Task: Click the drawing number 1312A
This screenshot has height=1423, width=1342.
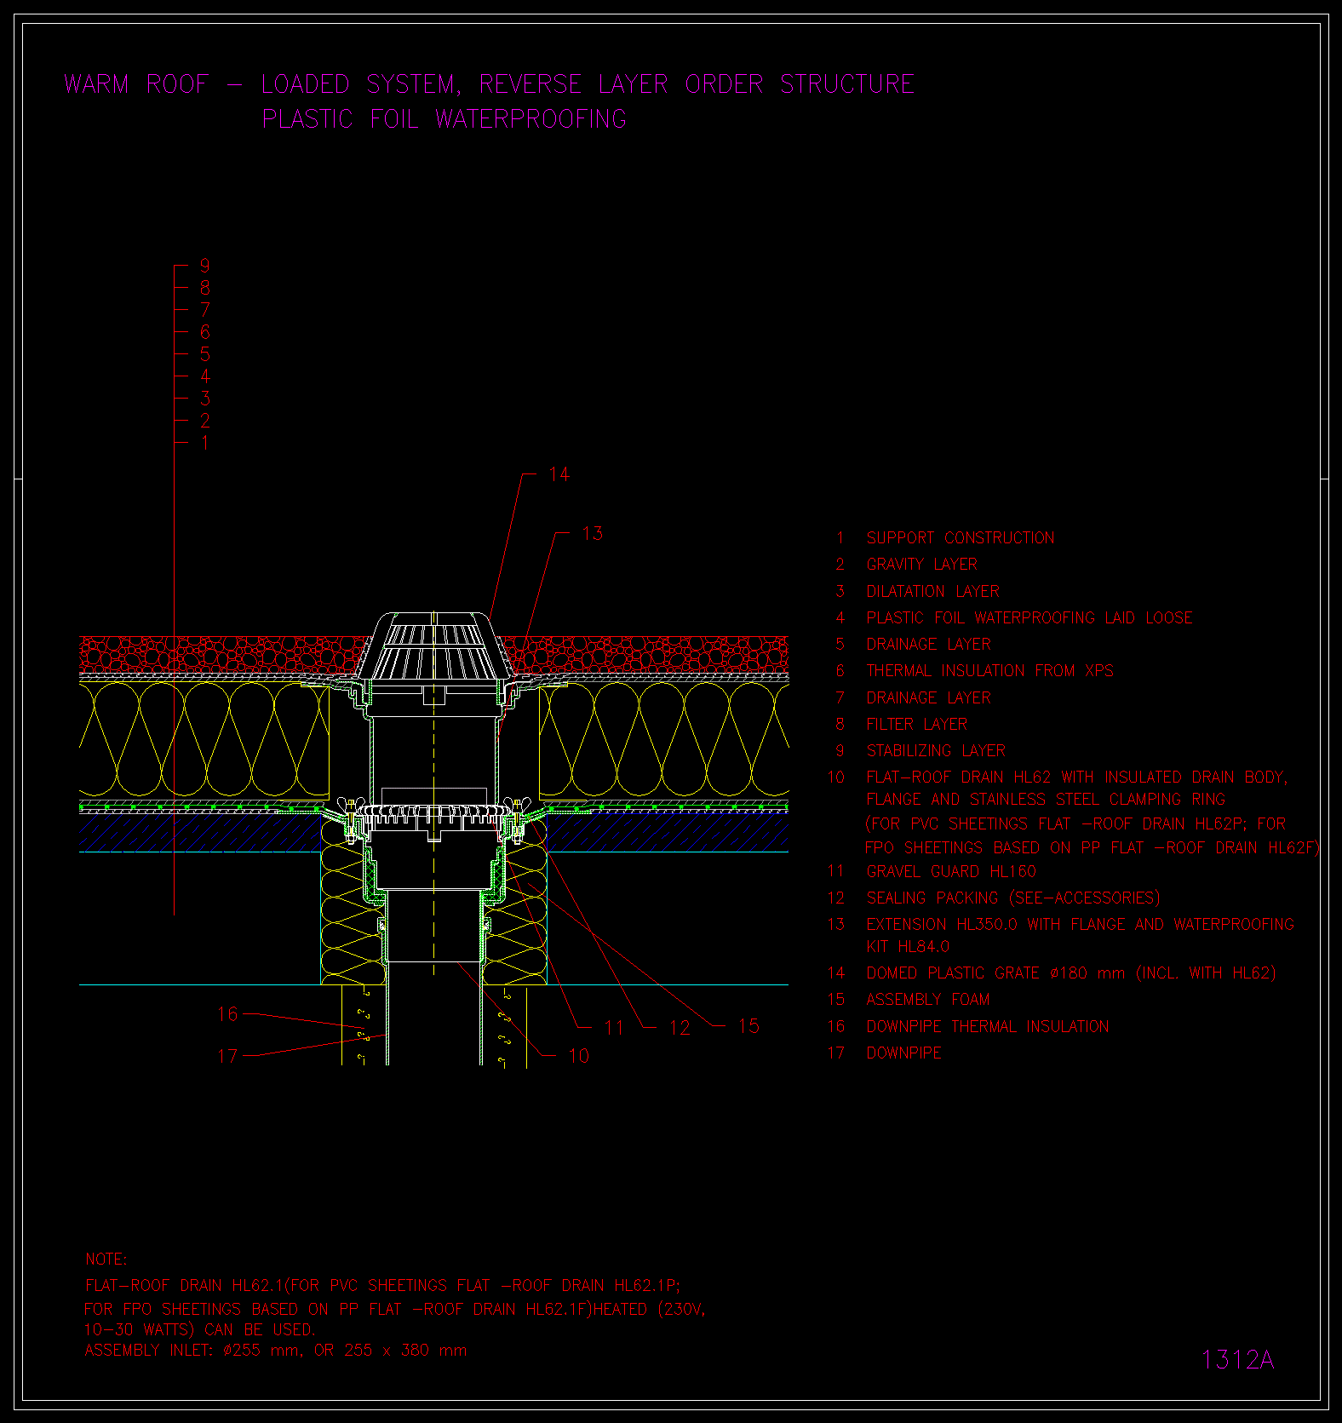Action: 1237,1360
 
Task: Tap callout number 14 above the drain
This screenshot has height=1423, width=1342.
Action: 559,474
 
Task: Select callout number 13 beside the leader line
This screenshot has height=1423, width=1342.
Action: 592,534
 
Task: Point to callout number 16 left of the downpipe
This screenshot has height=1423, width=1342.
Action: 227,1014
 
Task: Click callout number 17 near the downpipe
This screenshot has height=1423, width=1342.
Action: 227,1057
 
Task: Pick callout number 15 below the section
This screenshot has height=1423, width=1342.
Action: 748,1026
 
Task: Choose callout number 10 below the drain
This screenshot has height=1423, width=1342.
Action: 578,1056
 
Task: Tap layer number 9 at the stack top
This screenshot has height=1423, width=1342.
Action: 204,267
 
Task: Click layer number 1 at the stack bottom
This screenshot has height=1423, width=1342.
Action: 204,443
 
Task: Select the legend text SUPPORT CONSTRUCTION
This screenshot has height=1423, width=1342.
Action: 961,538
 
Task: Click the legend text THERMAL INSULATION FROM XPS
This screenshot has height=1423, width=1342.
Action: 989,671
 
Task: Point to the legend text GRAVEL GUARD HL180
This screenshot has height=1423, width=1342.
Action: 951,872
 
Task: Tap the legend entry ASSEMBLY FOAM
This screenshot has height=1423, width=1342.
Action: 928,1000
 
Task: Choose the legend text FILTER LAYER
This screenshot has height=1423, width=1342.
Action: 917,725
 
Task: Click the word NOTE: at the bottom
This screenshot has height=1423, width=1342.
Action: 106,1259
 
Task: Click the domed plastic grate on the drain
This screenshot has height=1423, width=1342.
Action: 434,645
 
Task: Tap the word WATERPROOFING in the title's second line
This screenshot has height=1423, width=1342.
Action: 530,119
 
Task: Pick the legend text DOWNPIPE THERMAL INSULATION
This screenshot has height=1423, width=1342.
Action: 988,1027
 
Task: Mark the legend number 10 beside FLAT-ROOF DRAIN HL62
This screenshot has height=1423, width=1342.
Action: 836,777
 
